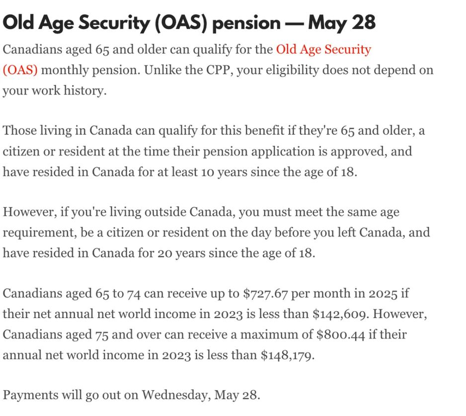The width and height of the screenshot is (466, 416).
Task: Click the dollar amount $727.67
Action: click(265, 293)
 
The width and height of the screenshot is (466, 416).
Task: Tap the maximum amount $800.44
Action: click(341, 334)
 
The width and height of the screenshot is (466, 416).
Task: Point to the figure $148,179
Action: click(287, 355)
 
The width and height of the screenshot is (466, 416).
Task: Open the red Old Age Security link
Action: click(323, 50)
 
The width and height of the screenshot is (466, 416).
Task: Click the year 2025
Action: click(383, 293)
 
